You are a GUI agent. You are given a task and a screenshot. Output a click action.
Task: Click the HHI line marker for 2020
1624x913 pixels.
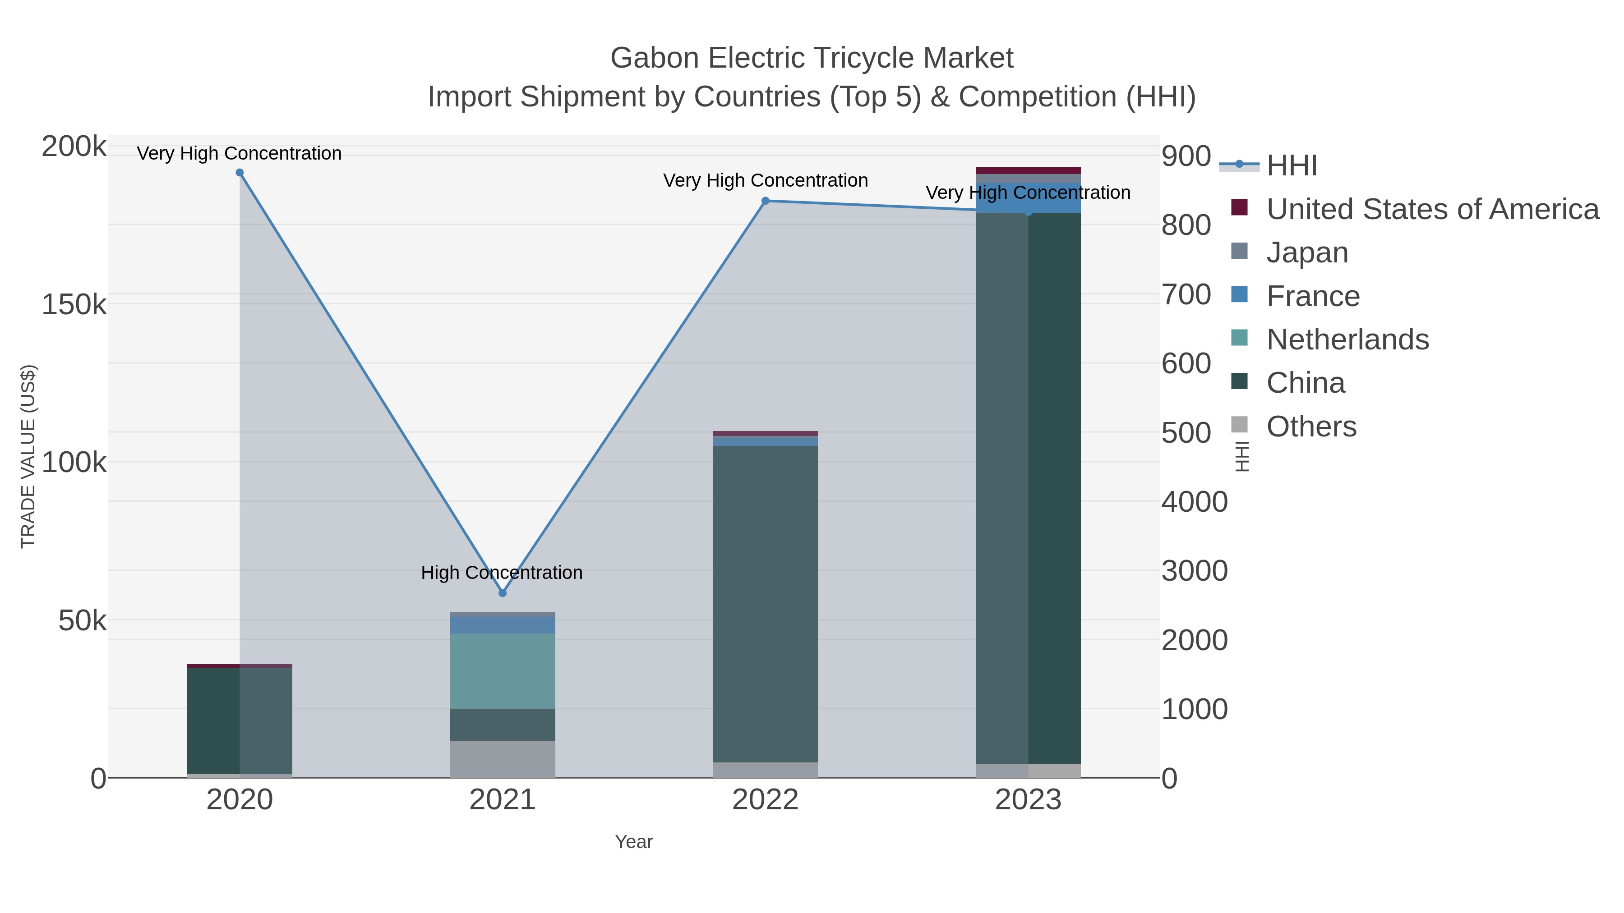click(240, 173)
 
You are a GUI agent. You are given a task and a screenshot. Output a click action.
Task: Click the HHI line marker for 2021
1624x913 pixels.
click(503, 593)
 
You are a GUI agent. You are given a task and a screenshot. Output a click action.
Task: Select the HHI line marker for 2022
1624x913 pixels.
click(766, 201)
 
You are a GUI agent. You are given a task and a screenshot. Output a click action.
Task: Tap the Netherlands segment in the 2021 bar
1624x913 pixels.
click(503, 671)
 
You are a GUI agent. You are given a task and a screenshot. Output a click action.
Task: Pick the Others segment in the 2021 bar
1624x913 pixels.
click(503, 759)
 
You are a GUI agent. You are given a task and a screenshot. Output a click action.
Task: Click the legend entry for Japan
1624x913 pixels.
click(1306, 252)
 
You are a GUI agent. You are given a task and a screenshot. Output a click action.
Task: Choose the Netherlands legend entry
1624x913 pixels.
click(1347, 340)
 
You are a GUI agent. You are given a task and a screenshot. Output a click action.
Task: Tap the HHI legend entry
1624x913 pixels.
click(1291, 166)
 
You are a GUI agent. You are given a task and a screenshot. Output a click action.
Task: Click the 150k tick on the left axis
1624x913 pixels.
click(74, 305)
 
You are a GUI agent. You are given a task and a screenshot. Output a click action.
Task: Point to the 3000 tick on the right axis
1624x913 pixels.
click(1194, 571)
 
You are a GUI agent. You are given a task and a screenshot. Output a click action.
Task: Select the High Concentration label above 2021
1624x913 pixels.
click(502, 573)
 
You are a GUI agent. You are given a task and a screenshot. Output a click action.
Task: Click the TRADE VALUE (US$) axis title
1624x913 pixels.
click(28, 456)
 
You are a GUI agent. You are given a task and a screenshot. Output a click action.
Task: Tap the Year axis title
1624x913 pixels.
click(634, 842)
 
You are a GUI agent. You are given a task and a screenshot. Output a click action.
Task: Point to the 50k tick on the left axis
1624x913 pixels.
click(83, 621)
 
